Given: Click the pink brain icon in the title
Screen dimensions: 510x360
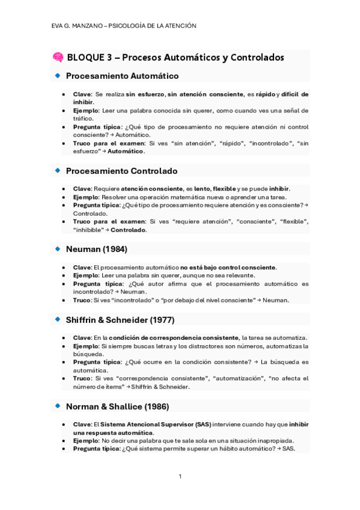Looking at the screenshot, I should [58, 57].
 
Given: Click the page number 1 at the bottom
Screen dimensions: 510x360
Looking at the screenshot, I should [180, 476].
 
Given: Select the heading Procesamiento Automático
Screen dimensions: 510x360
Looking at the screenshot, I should [122, 76].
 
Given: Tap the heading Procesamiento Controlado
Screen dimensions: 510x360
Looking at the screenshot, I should [121, 171].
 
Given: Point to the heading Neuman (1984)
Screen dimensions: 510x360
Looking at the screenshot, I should [96, 248].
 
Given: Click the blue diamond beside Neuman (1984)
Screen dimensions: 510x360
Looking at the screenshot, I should [58, 248].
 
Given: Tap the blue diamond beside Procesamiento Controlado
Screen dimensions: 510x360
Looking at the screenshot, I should [58, 170].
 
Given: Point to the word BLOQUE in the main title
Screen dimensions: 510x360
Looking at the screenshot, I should [85, 58].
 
